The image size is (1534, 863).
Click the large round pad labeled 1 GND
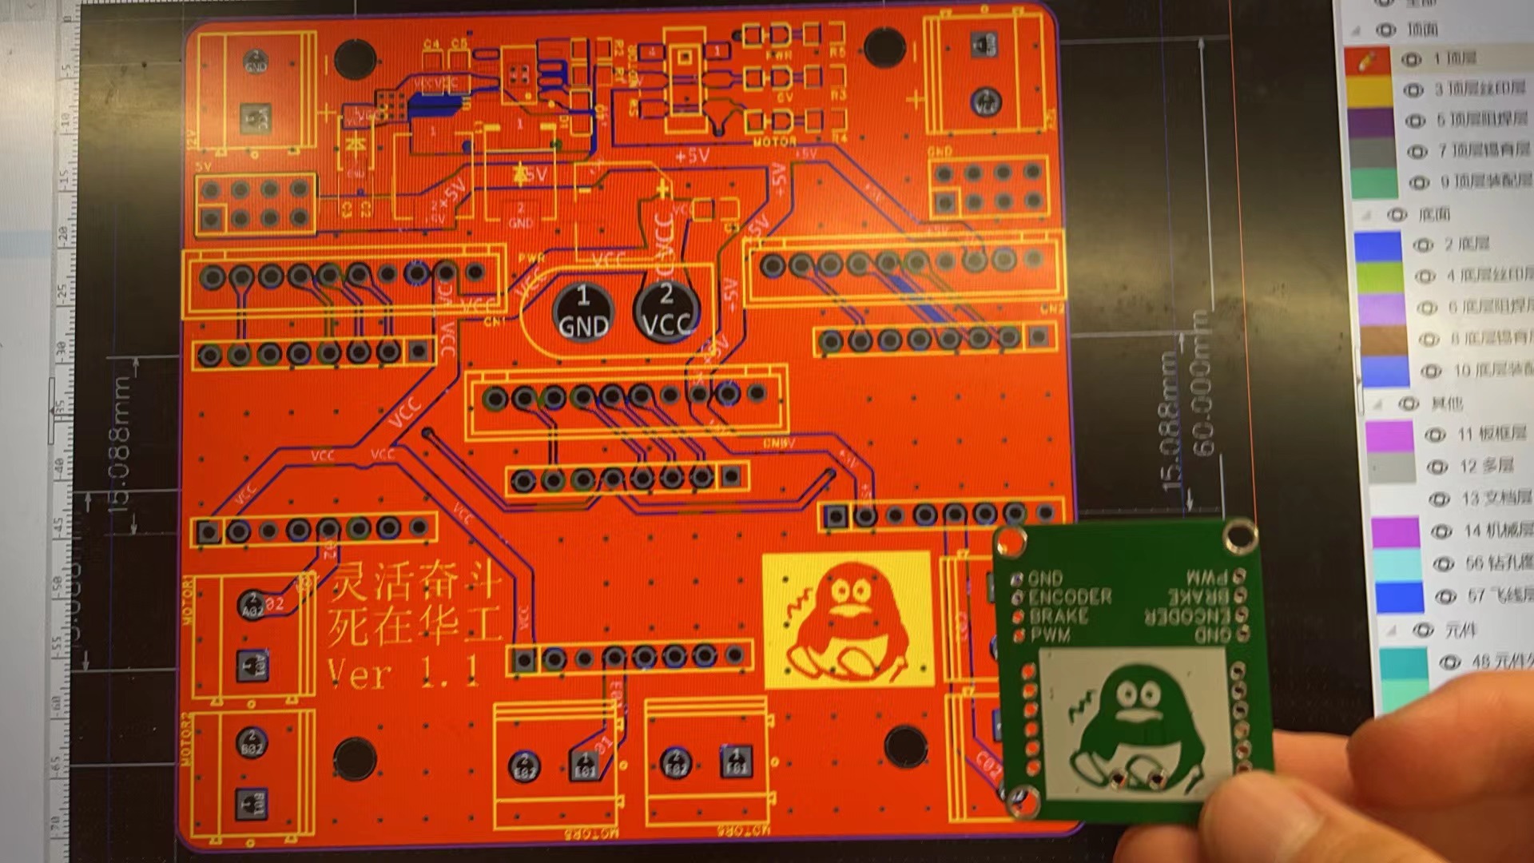pos(583,312)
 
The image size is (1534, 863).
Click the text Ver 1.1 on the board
pos(403,674)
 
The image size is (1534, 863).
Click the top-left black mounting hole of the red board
pos(355,58)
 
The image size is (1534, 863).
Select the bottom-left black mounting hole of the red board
pos(355,758)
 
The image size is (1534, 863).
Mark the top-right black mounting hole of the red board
pos(884,46)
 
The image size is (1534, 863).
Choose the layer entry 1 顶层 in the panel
pos(1454,58)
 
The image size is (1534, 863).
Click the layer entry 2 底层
pos(1466,244)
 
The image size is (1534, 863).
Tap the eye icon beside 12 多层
pos(1437,467)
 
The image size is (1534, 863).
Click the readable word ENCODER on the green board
pos(1069,597)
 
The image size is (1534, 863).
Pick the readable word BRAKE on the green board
pos(1058,616)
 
